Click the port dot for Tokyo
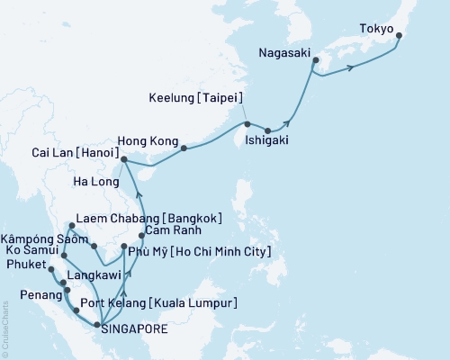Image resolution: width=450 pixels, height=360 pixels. (x=399, y=37)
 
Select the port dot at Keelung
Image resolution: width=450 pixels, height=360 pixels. (x=247, y=123)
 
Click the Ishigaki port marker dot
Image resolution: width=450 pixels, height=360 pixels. (x=267, y=130)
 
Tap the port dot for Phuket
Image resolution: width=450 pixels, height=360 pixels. (x=50, y=269)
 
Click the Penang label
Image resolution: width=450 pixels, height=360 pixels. (x=29, y=293)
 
